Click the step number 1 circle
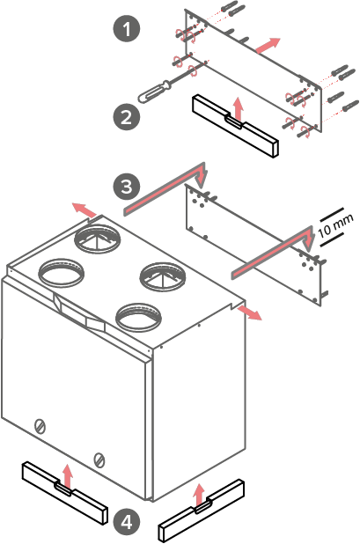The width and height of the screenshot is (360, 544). point(127,28)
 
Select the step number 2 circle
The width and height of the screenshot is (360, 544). point(127,116)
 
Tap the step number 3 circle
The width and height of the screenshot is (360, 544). point(127,186)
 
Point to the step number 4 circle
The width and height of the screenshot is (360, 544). point(127,521)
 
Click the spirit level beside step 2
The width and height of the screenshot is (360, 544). point(236,127)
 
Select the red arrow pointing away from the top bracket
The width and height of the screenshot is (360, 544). point(268,45)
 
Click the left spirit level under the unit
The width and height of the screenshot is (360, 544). point(64,493)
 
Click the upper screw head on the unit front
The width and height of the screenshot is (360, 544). point(40,426)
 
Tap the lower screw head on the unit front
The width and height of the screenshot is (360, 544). point(99,460)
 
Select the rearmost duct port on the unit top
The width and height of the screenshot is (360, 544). point(99,239)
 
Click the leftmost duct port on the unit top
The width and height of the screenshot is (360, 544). point(61,273)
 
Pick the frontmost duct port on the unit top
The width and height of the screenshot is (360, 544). point(138,317)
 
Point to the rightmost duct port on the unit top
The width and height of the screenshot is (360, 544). point(162,277)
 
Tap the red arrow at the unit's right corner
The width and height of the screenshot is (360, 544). point(249,312)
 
